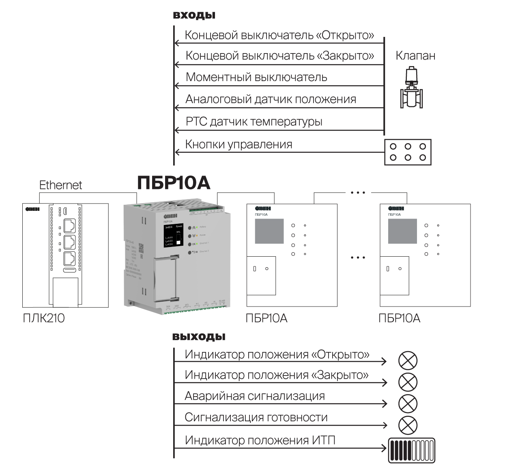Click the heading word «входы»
(194, 15)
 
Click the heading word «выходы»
(199, 337)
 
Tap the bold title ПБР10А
(174, 183)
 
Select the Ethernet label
(60, 185)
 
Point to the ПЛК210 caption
(44, 318)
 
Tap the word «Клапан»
(415, 56)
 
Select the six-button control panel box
(408, 152)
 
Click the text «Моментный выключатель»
(256, 77)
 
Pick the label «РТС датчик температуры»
(254, 121)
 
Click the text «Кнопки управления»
(239, 144)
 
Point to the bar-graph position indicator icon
(411, 450)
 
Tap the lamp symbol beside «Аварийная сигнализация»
(408, 403)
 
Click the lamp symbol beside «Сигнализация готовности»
(408, 425)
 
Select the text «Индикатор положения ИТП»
(260, 440)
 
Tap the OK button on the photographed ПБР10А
(189, 244)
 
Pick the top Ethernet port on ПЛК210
(70, 225)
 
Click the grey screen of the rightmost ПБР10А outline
(402, 231)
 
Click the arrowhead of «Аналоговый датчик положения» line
(176, 108)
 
